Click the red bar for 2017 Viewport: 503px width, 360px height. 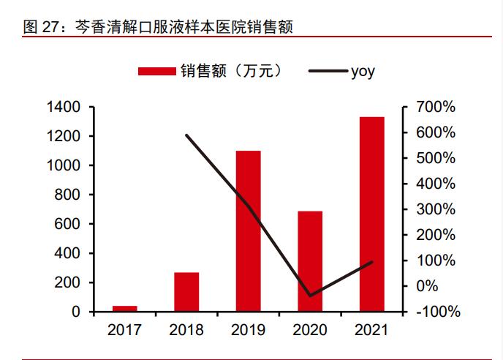(124, 309)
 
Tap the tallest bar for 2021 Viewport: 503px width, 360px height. (372, 214)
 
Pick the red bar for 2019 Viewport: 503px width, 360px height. (249, 231)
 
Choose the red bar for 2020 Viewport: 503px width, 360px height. (310, 261)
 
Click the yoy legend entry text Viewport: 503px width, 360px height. (363, 71)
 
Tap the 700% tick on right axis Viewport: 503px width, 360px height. (436, 108)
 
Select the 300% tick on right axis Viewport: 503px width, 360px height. (436, 210)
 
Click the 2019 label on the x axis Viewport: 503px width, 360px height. (249, 330)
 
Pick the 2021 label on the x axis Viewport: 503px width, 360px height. (372, 330)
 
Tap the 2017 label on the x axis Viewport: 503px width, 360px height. (124, 330)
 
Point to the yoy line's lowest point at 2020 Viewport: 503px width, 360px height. (310, 296)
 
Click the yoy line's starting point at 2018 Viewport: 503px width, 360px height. (186, 135)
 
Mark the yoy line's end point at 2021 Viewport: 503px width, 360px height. (372, 262)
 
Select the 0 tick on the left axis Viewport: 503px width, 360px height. (76, 312)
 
